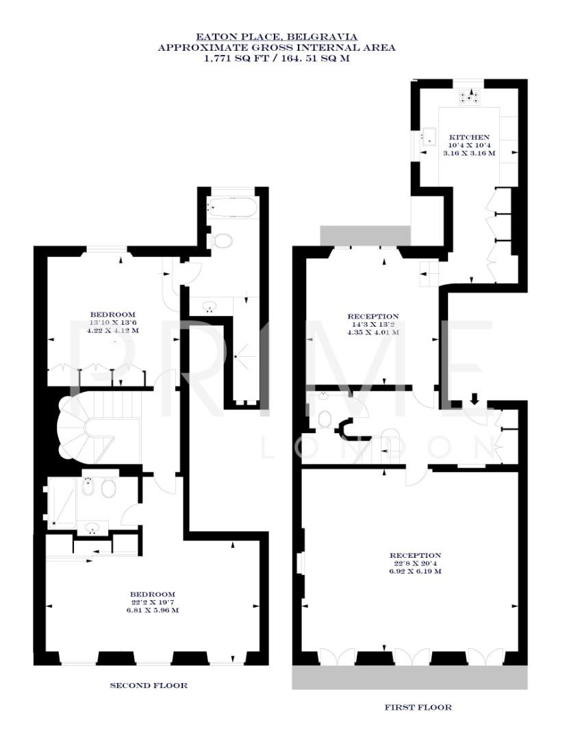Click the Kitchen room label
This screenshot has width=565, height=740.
[x=469, y=136]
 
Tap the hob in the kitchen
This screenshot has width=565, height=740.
[x=470, y=97]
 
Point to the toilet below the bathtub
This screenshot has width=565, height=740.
[x=221, y=240]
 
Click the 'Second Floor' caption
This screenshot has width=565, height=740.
[x=149, y=685]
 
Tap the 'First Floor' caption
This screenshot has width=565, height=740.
[x=418, y=707]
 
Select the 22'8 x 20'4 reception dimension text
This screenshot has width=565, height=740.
[x=415, y=563]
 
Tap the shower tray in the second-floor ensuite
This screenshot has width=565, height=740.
[x=60, y=504]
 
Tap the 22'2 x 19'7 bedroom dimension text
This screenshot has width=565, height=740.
[x=153, y=602]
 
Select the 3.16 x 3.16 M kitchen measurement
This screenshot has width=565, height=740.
[x=469, y=153]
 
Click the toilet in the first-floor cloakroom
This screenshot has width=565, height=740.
[x=324, y=418]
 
